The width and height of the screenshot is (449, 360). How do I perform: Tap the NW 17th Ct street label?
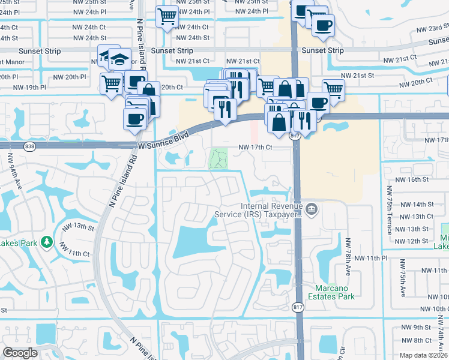[x=256, y=147]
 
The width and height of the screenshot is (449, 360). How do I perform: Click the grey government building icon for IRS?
[x=312, y=209]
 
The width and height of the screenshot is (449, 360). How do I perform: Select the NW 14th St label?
[x=414, y=205]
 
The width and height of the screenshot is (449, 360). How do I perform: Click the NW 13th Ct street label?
[x=414, y=217]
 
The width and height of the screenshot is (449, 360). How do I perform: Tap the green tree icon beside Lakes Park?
[x=46, y=242]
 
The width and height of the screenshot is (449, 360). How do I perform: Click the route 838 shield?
[x=29, y=146]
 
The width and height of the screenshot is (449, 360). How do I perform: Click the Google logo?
[x=20, y=353]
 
